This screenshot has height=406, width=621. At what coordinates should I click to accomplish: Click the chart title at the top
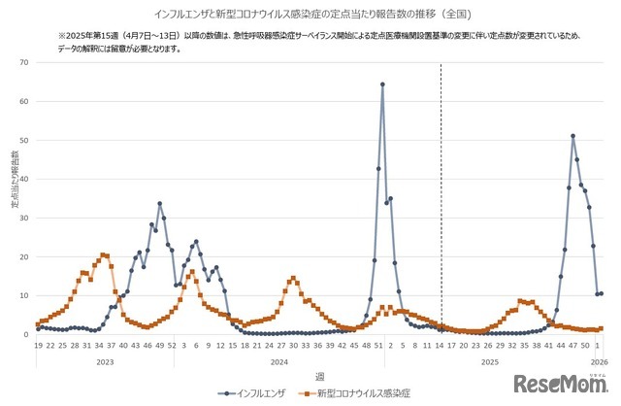pyautogui.click(x=310, y=16)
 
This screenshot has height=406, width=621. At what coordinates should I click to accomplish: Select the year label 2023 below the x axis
pyautogui.click(x=104, y=360)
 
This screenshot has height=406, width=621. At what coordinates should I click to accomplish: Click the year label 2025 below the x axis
pyautogui.click(x=490, y=360)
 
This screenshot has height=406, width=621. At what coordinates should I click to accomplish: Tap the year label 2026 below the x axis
pyautogui.click(x=598, y=360)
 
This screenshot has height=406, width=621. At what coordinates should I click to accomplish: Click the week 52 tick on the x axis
pyautogui.click(x=172, y=345)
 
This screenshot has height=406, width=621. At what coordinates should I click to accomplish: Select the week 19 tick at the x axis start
pyautogui.click(x=38, y=345)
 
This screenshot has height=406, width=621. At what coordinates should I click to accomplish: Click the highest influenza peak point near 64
pyautogui.click(x=382, y=85)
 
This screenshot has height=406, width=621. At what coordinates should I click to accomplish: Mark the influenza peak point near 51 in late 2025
pyautogui.click(x=573, y=136)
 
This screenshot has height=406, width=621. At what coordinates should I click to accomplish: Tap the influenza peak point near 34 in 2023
pyautogui.click(x=160, y=203)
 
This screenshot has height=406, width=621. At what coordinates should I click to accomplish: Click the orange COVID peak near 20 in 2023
pyautogui.click(x=103, y=254)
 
